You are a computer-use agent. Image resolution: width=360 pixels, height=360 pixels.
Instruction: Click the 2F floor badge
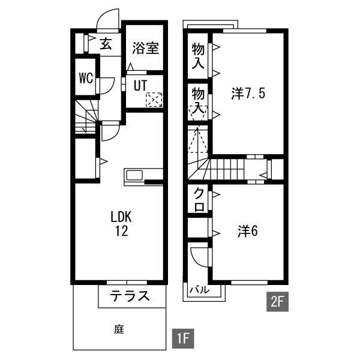pyautogui.click(x=277, y=302)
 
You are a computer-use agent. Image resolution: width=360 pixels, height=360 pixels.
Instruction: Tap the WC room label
pyautogui.click(x=86, y=77)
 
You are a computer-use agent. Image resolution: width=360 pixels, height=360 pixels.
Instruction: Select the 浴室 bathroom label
pyautogui.click(x=146, y=48)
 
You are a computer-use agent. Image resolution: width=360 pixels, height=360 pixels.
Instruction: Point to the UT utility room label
pyautogui.click(x=140, y=85)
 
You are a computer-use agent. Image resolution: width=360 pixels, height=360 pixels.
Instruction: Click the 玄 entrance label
pyautogui.click(x=106, y=44)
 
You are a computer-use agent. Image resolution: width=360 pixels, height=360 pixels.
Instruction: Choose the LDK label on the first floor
pyautogui.click(x=121, y=217)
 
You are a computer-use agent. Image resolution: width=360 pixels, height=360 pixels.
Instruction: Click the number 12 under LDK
pyautogui.click(x=121, y=231)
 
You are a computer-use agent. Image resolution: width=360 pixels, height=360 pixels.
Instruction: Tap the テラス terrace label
pyautogui.click(x=130, y=296)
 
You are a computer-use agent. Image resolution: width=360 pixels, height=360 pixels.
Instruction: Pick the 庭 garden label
pyautogui.click(x=119, y=329)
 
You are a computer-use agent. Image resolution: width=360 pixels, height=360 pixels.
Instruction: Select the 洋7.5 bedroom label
pyautogui.click(x=248, y=94)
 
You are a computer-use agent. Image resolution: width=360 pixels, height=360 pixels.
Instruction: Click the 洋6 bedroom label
pyautogui.click(x=248, y=231)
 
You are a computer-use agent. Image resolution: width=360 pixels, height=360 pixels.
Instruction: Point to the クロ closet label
pyautogui.click(x=199, y=199)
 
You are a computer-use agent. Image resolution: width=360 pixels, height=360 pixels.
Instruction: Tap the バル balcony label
pyautogui.click(x=199, y=290)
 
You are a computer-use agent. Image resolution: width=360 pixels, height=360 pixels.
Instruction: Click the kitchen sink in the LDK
pyautogui.click(x=134, y=175)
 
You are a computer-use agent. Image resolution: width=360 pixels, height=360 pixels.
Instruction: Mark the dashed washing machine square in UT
pyautogui.click(x=154, y=100)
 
